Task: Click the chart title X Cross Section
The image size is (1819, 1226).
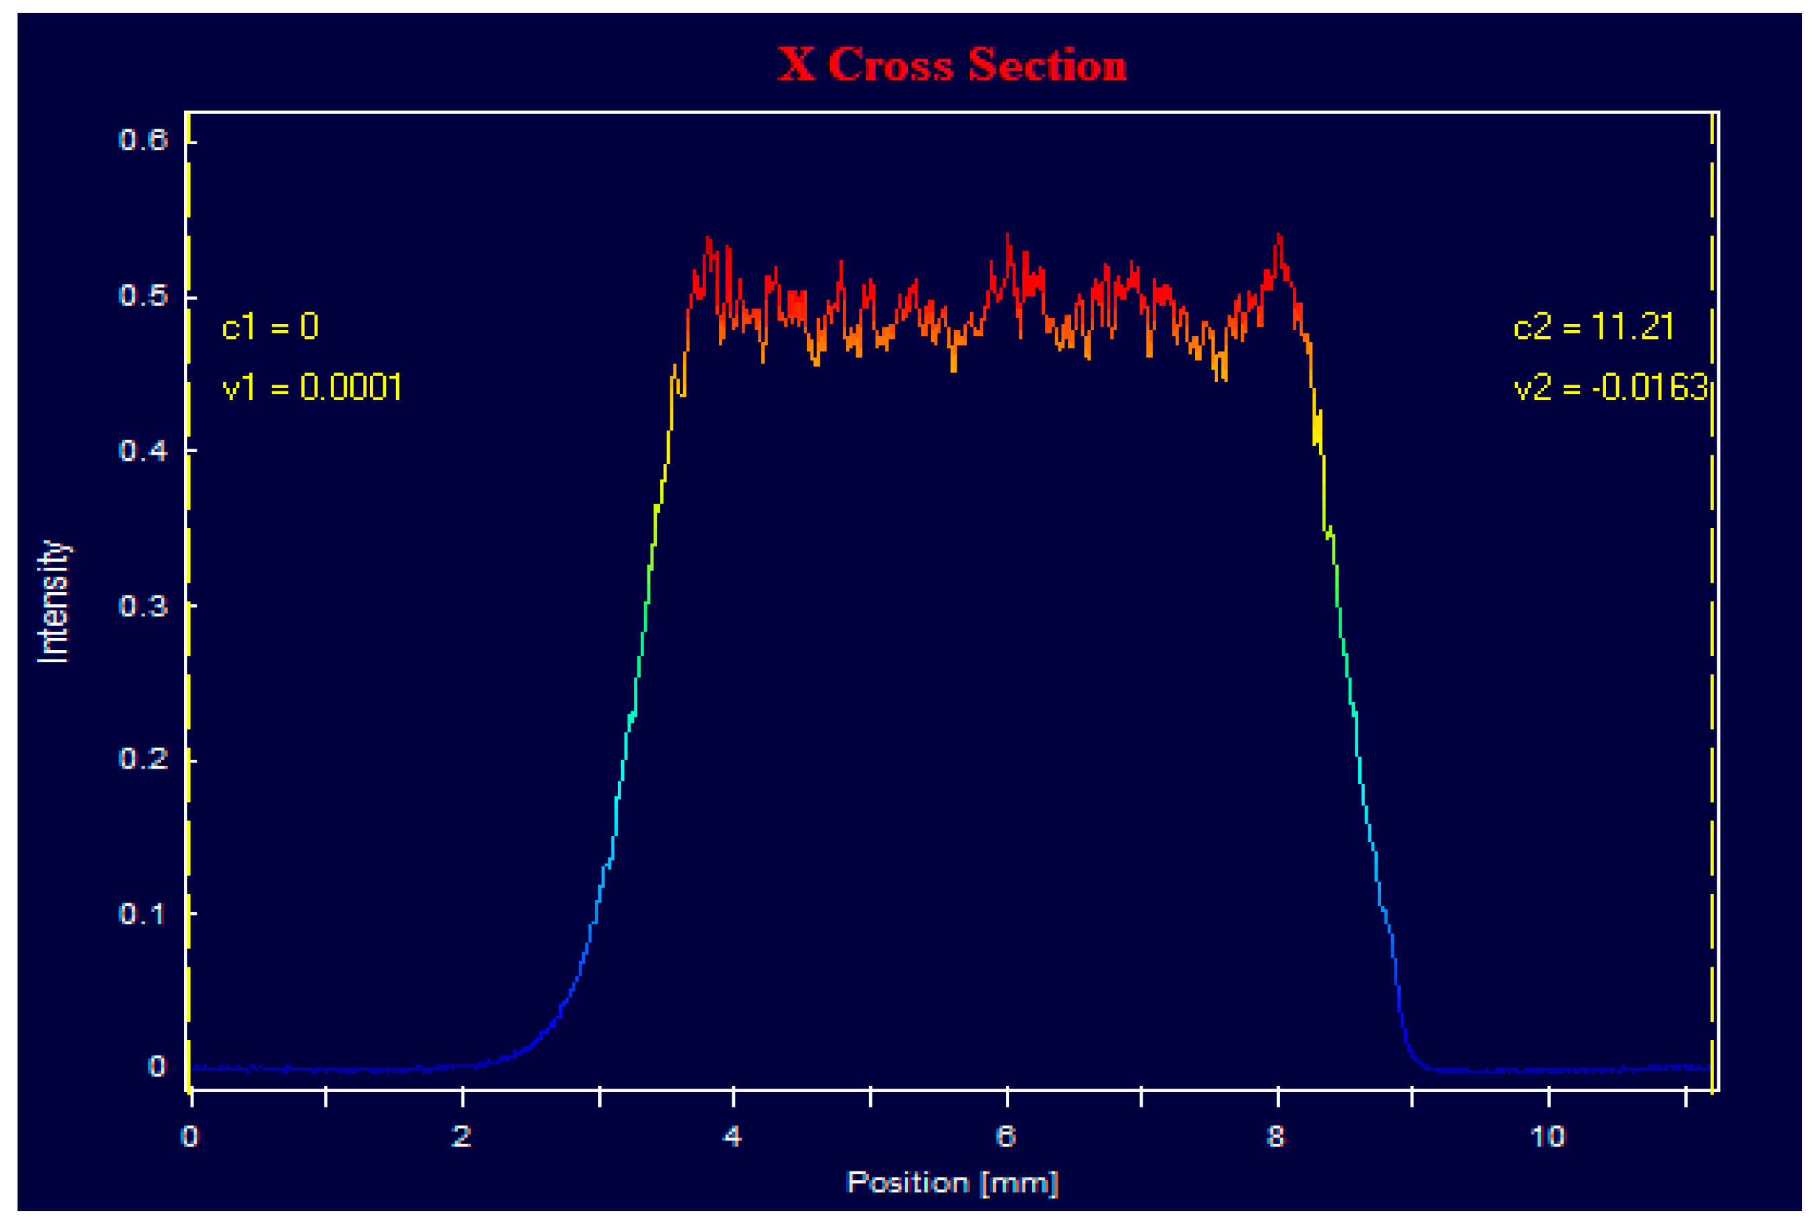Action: pyautogui.click(x=952, y=64)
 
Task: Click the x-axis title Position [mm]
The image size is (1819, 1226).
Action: pyautogui.click(x=952, y=1182)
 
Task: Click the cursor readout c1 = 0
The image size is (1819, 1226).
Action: pyautogui.click(x=269, y=327)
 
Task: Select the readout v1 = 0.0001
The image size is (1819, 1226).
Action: pyautogui.click(x=312, y=388)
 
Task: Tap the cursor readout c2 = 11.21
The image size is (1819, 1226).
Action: pyautogui.click(x=1593, y=327)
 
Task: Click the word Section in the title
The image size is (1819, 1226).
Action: pyautogui.click(x=1047, y=64)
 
